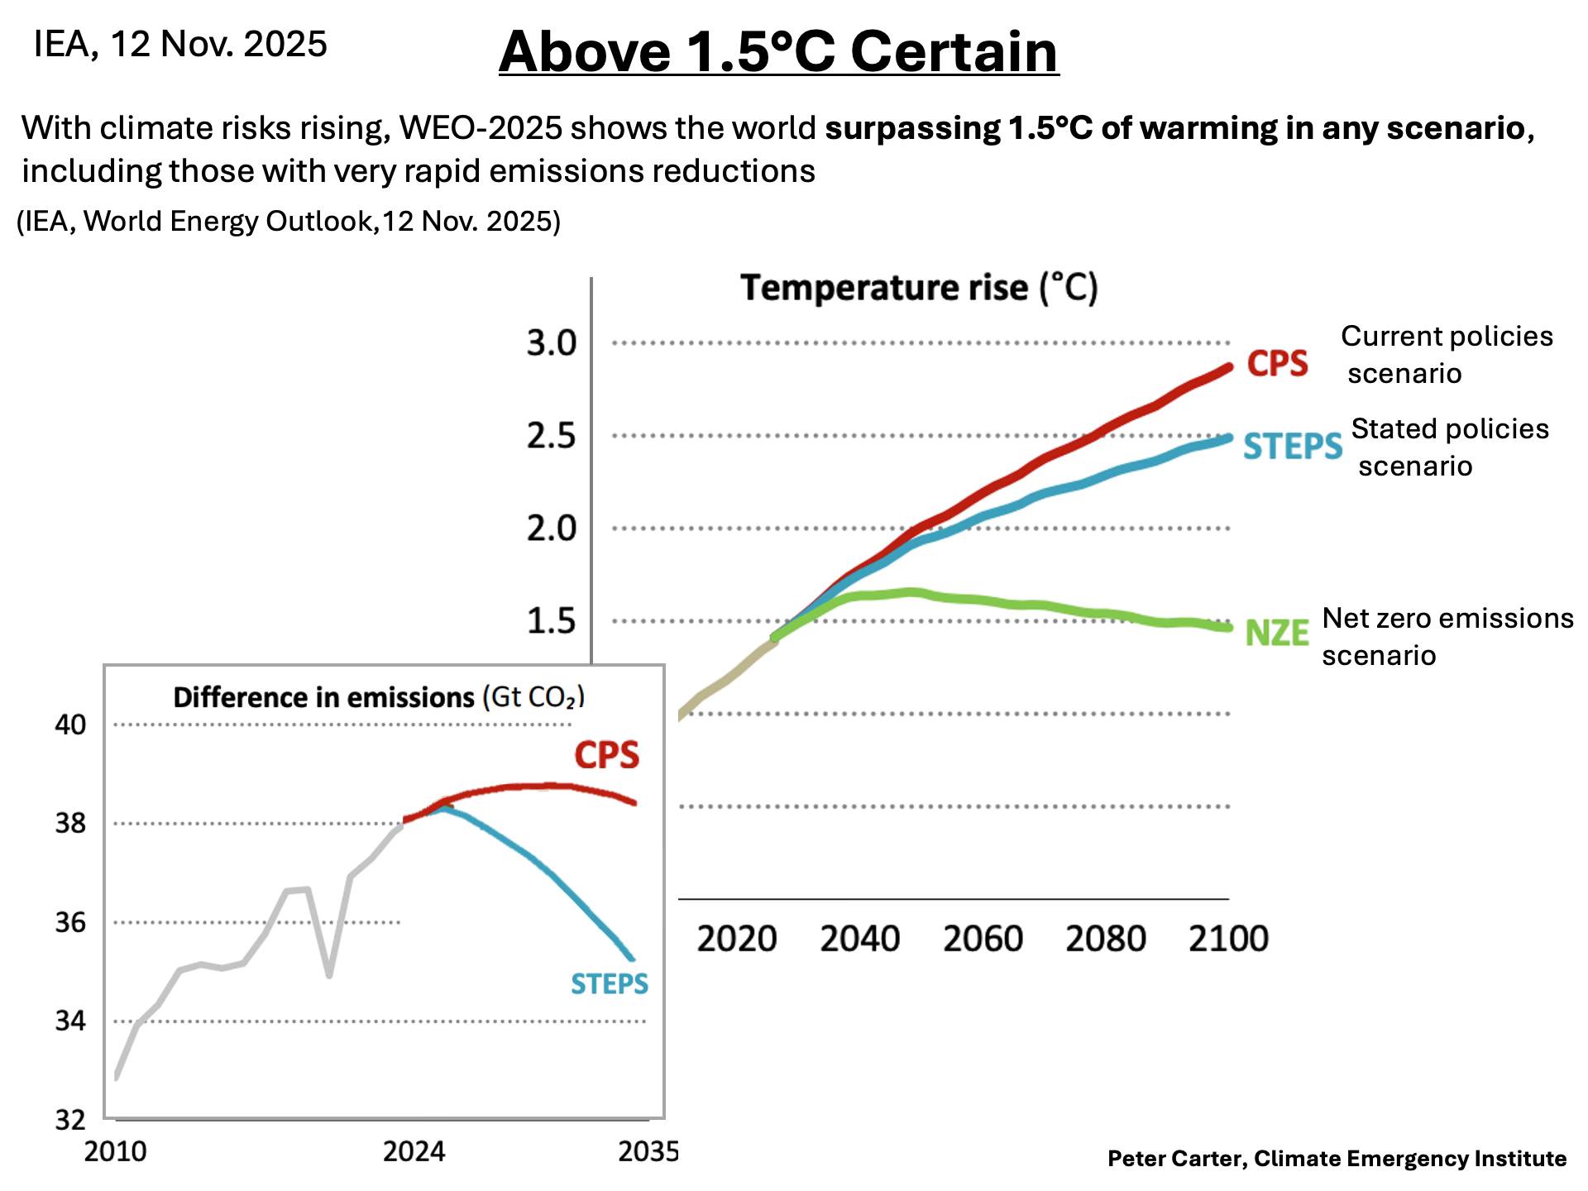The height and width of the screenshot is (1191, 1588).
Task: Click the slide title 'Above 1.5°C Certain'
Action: [778, 51]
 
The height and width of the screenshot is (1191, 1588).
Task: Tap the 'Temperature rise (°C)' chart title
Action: [918, 288]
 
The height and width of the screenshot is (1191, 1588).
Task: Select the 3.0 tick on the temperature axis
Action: [552, 342]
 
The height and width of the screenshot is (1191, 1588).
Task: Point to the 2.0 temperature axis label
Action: [552, 528]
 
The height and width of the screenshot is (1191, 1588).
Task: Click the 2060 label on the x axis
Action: [983, 939]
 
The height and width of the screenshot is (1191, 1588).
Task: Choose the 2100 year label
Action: [1228, 939]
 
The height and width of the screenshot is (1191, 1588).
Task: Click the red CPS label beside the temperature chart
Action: [1277, 363]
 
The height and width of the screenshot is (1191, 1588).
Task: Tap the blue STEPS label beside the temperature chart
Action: [1292, 447]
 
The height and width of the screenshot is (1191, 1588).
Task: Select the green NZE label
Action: [1276, 634]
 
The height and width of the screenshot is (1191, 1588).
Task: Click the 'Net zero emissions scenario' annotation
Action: [1447, 636]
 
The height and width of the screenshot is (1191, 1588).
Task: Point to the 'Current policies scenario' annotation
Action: [1446, 354]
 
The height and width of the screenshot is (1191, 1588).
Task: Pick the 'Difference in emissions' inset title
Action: [379, 697]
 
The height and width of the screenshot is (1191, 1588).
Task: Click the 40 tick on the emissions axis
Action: [70, 725]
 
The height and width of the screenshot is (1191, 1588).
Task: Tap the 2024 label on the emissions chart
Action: [414, 1151]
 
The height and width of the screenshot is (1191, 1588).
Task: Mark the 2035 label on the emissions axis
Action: [648, 1151]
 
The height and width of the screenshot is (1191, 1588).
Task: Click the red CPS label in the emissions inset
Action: [606, 755]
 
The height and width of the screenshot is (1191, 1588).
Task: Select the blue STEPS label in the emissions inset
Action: [610, 983]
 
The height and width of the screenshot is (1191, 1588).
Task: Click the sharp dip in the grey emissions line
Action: [329, 974]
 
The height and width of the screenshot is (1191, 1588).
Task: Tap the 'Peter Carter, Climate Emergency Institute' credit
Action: [1337, 1159]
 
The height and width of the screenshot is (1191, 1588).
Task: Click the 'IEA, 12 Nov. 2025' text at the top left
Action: [180, 44]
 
